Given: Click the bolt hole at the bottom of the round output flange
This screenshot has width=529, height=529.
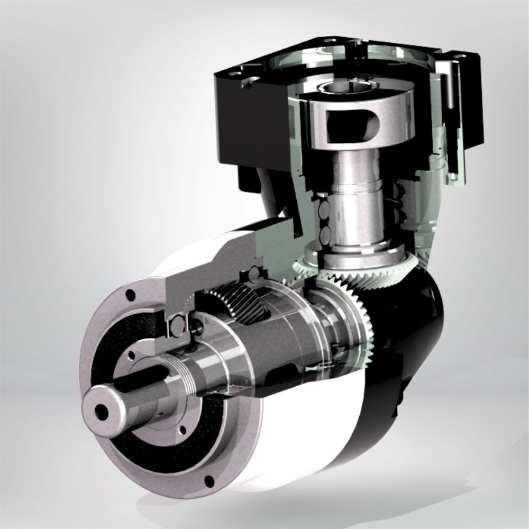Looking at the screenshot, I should [209, 480].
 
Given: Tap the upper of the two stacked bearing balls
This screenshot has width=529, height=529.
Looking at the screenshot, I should [324, 212].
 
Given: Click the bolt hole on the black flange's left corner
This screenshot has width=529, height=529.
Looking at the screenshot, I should [253, 79].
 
